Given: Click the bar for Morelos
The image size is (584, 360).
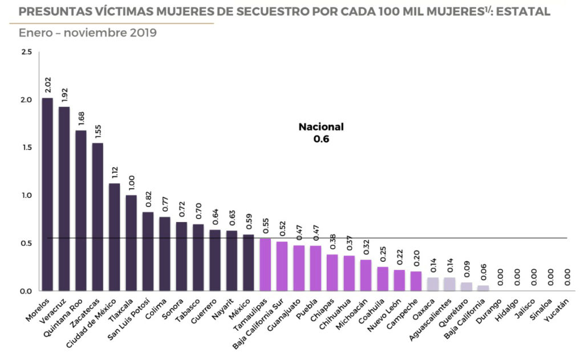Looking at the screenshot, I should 47,194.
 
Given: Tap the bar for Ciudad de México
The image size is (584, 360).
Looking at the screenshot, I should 115,237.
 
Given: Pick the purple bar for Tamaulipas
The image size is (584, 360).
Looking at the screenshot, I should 265,265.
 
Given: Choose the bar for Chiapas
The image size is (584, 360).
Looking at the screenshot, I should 332,273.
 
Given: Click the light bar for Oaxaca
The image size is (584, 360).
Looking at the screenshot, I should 433,284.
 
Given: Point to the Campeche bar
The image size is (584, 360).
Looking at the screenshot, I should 416,281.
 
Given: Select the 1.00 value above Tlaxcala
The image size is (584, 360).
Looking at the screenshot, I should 131,183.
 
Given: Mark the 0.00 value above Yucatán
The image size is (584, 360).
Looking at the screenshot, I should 567,278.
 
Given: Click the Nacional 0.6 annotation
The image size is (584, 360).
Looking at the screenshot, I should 321,132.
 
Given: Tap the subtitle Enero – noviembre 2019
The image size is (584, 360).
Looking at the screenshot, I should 88,33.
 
